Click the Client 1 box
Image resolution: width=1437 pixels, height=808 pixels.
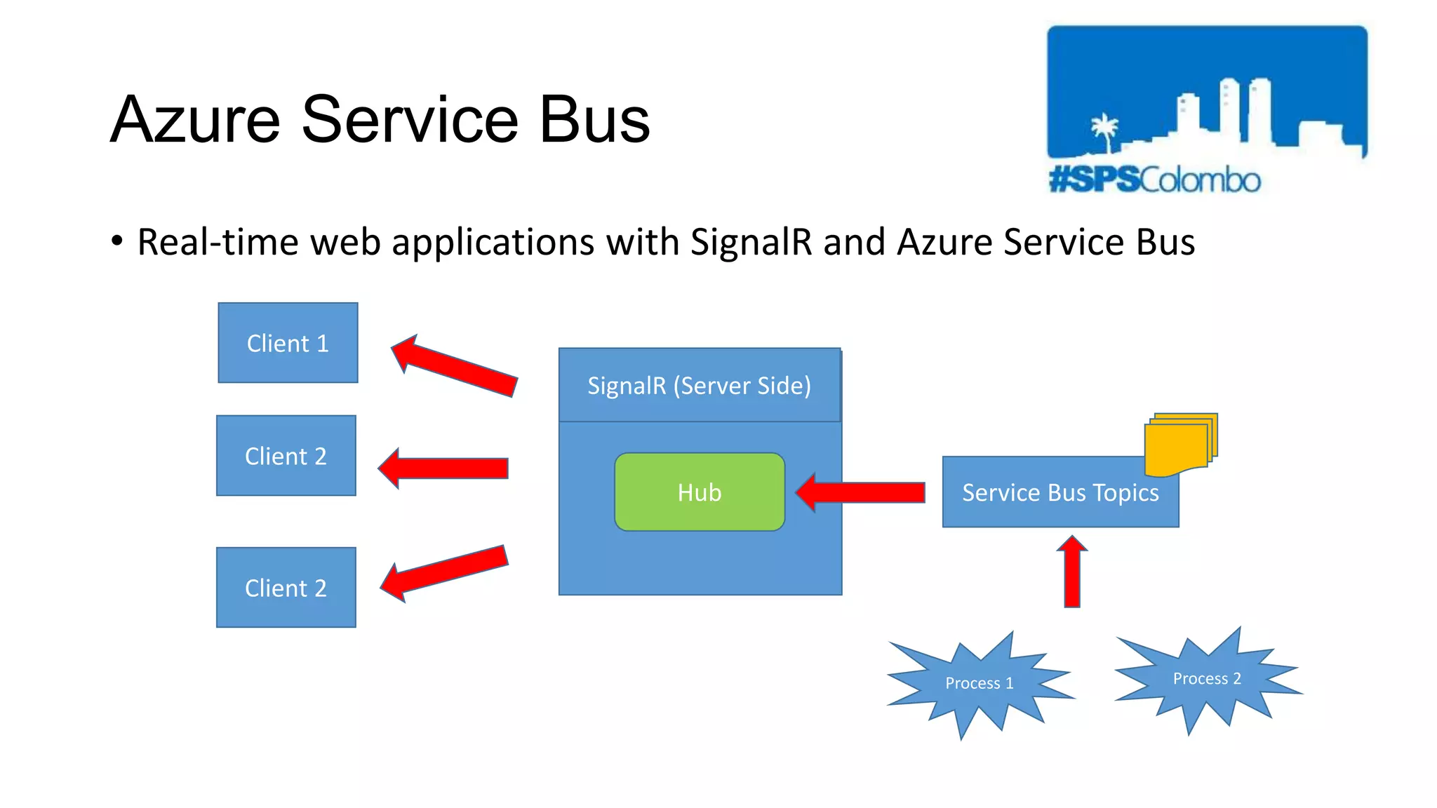click(288, 343)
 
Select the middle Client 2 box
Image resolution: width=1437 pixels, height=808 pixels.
click(286, 456)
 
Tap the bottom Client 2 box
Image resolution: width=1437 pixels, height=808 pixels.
click(286, 588)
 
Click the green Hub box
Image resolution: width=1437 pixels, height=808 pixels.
click(700, 492)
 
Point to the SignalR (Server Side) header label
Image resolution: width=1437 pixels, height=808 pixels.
click(699, 386)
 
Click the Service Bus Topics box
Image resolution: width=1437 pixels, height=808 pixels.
click(1060, 493)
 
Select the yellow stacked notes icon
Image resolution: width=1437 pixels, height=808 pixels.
click(1180, 444)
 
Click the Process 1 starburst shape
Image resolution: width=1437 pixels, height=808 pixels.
click(980, 683)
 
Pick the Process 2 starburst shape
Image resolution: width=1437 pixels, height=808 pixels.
click(1207, 679)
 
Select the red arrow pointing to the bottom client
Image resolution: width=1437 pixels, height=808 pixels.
click(445, 572)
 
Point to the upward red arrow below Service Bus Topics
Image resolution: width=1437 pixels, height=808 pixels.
click(1072, 572)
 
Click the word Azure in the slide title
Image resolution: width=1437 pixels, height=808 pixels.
click(196, 120)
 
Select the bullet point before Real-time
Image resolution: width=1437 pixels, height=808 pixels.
click(117, 241)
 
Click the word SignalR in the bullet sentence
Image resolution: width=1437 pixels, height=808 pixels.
click(751, 242)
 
